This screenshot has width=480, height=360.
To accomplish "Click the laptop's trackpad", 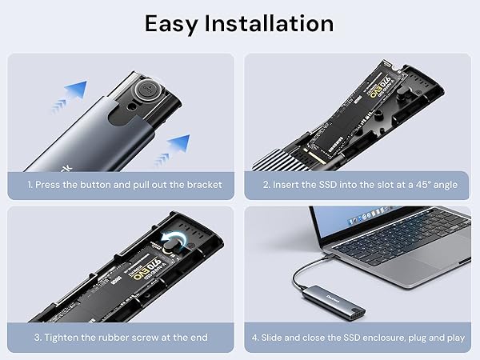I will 438,256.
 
